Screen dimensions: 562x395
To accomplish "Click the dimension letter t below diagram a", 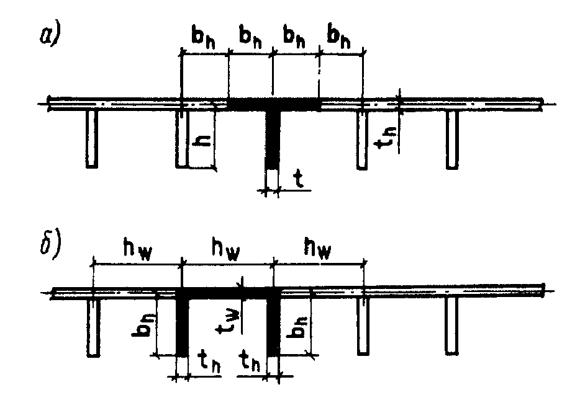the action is [x=299, y=180].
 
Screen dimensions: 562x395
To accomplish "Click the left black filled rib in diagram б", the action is [x=182, y=326].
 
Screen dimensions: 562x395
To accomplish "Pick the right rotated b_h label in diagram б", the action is [x=296, y=326].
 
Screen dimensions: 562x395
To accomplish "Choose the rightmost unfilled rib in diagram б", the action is [x=451, y=326].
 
